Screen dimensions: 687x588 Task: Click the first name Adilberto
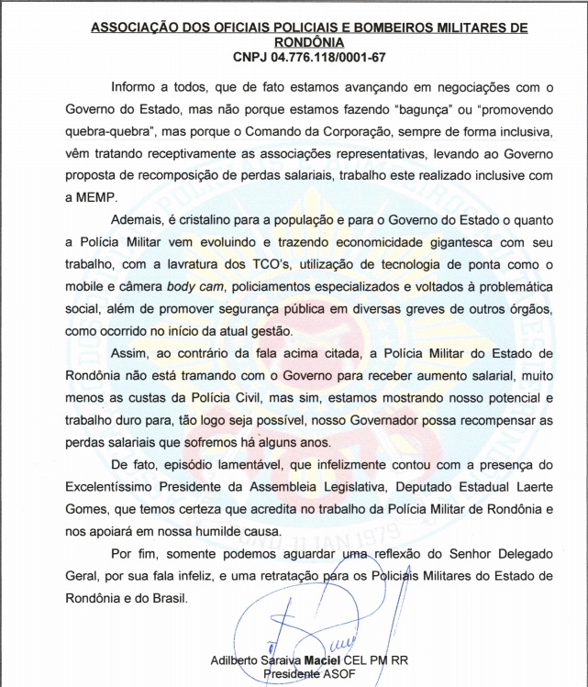pyautogui.click(x=236, y=660)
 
